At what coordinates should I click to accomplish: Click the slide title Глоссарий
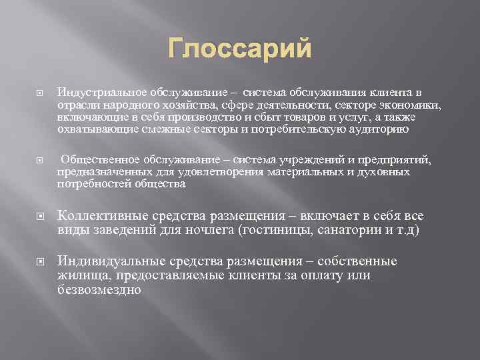[239, 49]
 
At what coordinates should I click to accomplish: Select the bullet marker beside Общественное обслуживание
[39, 161]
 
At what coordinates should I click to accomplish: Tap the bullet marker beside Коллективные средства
[39, 216]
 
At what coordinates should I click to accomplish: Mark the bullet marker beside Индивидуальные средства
[39, 261]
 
